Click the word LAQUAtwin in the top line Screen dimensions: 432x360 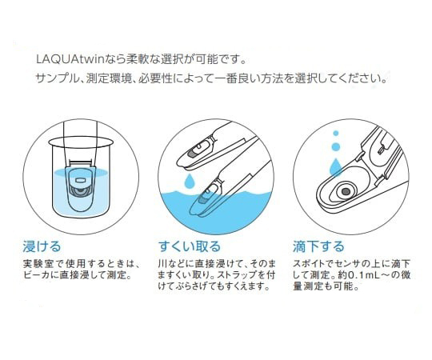point(73,59)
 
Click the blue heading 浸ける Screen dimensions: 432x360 point(42,246)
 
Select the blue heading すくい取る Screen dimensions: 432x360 point(190,246)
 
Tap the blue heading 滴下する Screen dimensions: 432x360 point(318,246)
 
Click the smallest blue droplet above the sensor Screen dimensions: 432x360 point(335,134)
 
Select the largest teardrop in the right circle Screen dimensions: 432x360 point(335,166)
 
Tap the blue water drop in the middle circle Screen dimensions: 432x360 point(189,181)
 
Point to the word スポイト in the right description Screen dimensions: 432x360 point(309,263)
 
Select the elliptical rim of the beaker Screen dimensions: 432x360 point(81,142)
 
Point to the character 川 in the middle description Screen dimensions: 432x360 point(162,263)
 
